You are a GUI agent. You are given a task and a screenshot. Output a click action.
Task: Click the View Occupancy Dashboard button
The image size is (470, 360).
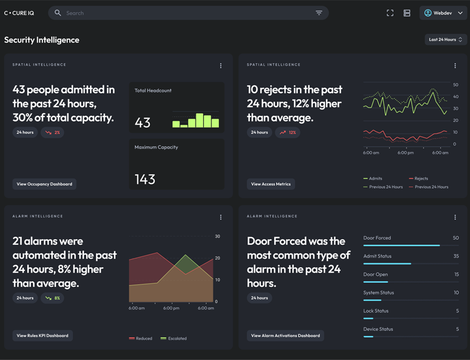click(x=44, y=184)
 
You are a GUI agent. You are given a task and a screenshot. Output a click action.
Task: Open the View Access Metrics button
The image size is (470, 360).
click(x=271, y=184)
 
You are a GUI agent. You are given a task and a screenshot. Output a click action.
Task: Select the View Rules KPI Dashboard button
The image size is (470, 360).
click(x=43, y=336)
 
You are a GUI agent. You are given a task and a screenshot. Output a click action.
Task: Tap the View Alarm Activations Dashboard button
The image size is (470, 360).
click(x=285, y=336)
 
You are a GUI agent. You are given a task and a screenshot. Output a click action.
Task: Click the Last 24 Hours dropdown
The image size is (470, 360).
click(x=446, y=40)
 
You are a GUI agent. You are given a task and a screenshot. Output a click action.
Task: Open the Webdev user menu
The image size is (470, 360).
click(x=443, y=13)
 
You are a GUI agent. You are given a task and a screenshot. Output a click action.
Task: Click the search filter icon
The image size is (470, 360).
click(x=319, y=13)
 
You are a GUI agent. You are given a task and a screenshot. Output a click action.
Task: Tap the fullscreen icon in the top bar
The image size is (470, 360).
click(x=390, y=13)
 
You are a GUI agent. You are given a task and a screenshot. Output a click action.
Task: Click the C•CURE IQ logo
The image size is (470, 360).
click(x=19, y=13)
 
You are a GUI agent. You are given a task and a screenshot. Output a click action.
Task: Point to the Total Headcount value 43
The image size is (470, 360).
click(x=143, y=122)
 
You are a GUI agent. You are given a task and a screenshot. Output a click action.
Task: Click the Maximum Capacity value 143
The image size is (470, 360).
click(x=145, y=179)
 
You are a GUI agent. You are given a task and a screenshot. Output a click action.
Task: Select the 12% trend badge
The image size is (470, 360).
click(x=288, y=132)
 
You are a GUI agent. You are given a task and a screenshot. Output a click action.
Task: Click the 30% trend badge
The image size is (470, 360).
click(x=53, y=132)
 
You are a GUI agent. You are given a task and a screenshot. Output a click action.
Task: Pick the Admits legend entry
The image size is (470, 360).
click(x=373, y=179)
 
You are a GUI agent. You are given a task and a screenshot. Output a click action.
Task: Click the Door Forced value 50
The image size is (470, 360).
click(x=455, y=238)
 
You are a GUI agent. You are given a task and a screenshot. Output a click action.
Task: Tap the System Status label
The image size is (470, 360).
click(x=379, y=292)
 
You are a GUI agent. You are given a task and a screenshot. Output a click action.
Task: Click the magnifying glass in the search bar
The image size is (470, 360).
click(x=58, y=13)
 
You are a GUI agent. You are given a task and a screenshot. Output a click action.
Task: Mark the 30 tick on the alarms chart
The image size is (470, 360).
click(x=217, y=237)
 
